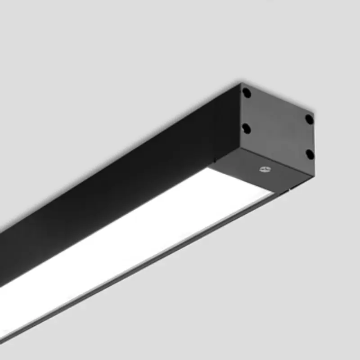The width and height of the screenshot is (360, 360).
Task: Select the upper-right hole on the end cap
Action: point(309,119)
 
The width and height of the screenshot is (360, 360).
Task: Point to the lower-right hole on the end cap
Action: point(310,154)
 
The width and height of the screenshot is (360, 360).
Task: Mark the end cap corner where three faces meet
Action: point(241,148)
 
